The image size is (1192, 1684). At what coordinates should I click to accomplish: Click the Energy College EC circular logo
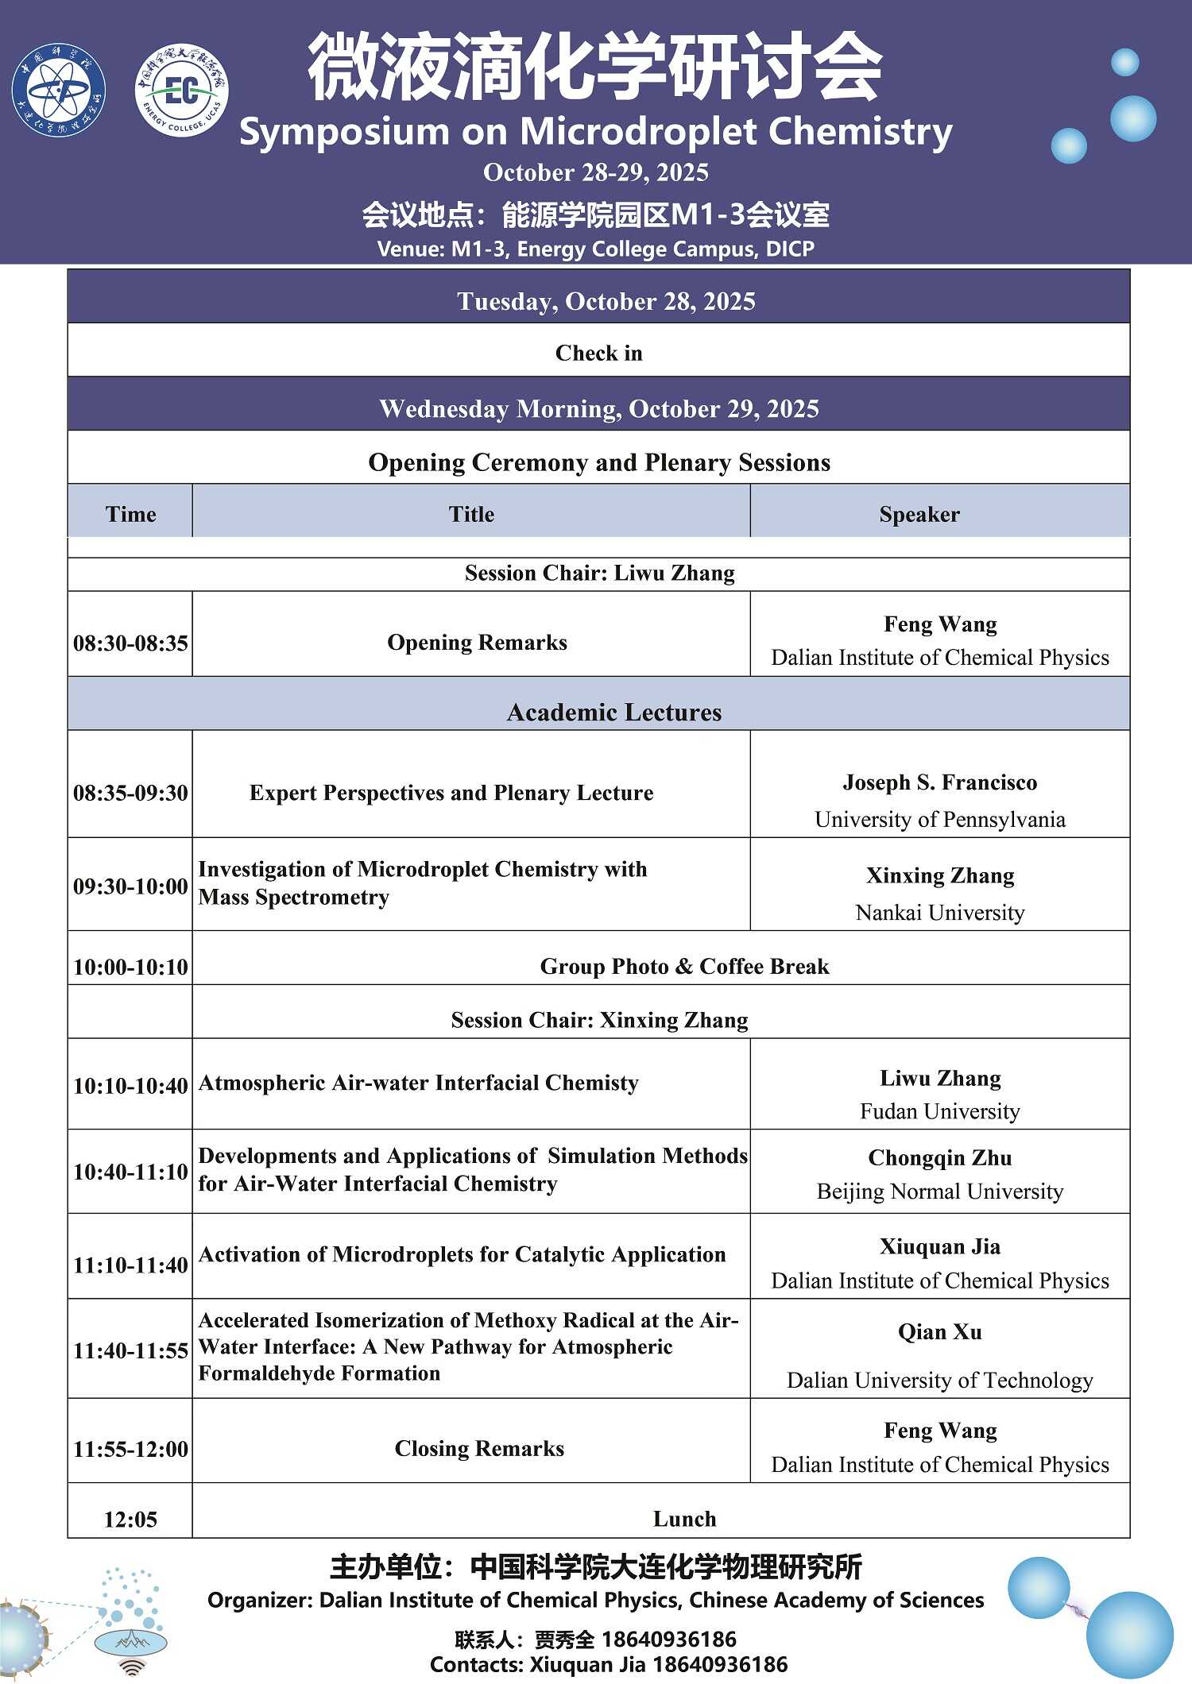pyautogui.click(x=182, y=90)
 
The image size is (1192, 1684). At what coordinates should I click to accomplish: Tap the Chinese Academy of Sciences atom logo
pyautogui.click(x=58, y=90)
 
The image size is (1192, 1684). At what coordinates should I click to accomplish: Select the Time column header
pyautogui.click(x=130, y=514)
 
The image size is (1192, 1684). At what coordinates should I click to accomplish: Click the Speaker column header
pyautogui.click(x=919, y=514)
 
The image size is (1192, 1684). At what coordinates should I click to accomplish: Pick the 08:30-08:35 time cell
pyautogui.click(x=130, y=643)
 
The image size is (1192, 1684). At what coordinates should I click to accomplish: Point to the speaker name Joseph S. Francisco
pyautogui.click(x=939, y=782)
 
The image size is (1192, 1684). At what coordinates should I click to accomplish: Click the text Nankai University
pyautogui.click(x=939, y=912)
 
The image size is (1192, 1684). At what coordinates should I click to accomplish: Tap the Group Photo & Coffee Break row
pyautogui.click(x=684, y=966)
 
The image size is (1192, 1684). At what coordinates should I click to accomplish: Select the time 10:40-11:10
pyautogui.click(x=130, y=1172)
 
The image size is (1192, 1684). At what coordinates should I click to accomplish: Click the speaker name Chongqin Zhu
pyautogui.click(x=939, y=1157)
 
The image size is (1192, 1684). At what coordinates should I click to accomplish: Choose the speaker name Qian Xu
pyautogui.click(x=939, y=1331)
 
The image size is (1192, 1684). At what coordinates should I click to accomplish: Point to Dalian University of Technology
pyautogui.click(x=939, y=1380)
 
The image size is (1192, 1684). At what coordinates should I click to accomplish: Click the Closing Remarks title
pyautogui.click(x=479, y=1448)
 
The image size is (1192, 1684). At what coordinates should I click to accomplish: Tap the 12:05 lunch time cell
pyautogui.click(x=130, y=1519)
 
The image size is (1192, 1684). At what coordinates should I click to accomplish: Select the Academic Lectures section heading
pyautogui.click(x=614, y=712)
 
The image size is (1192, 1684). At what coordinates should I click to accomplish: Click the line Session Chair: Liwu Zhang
pyautogui.click(x=599, y=573)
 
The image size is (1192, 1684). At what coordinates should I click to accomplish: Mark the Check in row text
pyautogui.click(x=598, y=353)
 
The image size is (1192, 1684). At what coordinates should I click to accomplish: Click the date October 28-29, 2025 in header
pyautogui.click(x=596, y=172)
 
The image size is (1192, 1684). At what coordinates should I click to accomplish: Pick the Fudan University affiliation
pyautogui.click(x=939, y=1110)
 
